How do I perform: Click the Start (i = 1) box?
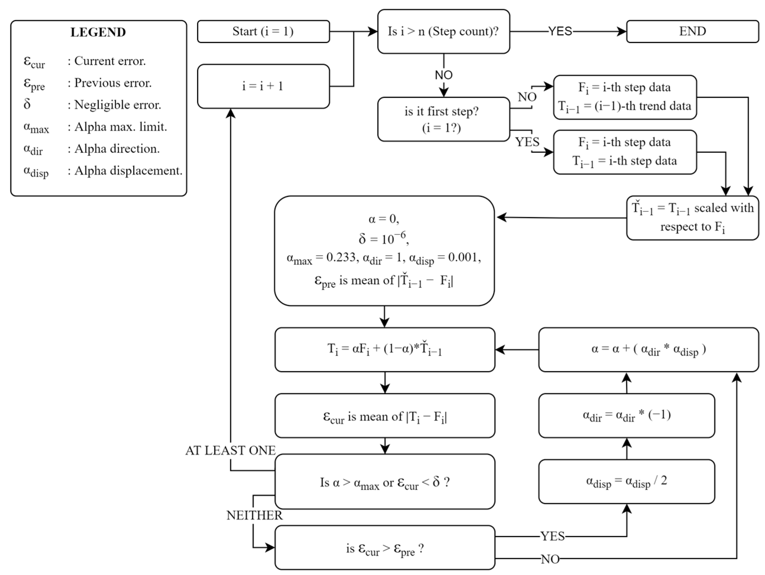263,32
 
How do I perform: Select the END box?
692,32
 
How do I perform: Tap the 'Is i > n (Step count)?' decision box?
443,32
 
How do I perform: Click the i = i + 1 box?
263,86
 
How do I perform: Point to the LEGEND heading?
98,32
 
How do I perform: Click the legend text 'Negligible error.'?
118,105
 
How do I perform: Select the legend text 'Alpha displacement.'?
128,170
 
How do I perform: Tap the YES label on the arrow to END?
560,32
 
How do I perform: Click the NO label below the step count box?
443,75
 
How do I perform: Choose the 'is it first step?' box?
443,119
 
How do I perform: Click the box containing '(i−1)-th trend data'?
625,97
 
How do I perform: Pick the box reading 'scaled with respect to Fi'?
692,218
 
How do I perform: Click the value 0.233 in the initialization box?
341,257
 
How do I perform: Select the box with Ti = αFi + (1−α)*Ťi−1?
385,349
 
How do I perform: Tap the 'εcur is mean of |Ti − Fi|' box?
385,416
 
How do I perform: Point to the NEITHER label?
254,515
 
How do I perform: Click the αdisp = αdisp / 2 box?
626,481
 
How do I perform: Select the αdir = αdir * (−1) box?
626,415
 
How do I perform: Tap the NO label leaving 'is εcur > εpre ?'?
550,559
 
